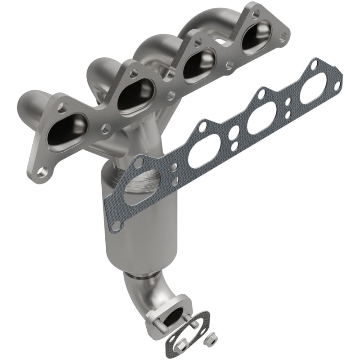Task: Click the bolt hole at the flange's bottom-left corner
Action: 42,171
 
